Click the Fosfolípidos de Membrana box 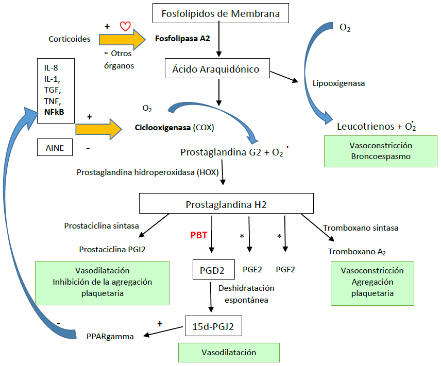(x=220, y=13)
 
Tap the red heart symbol (x=124, y=26)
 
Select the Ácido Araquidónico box (x=217, y=68)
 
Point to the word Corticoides (x=70, y=39)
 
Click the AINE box (x=55, y=148)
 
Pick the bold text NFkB (x=55, y=112)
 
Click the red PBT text (x=199, y=236)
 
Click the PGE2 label (x=252, y=269)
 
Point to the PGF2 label (x=285, y=269)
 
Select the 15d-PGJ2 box (x=212, y=325)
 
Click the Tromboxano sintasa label (x=361, y=228)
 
